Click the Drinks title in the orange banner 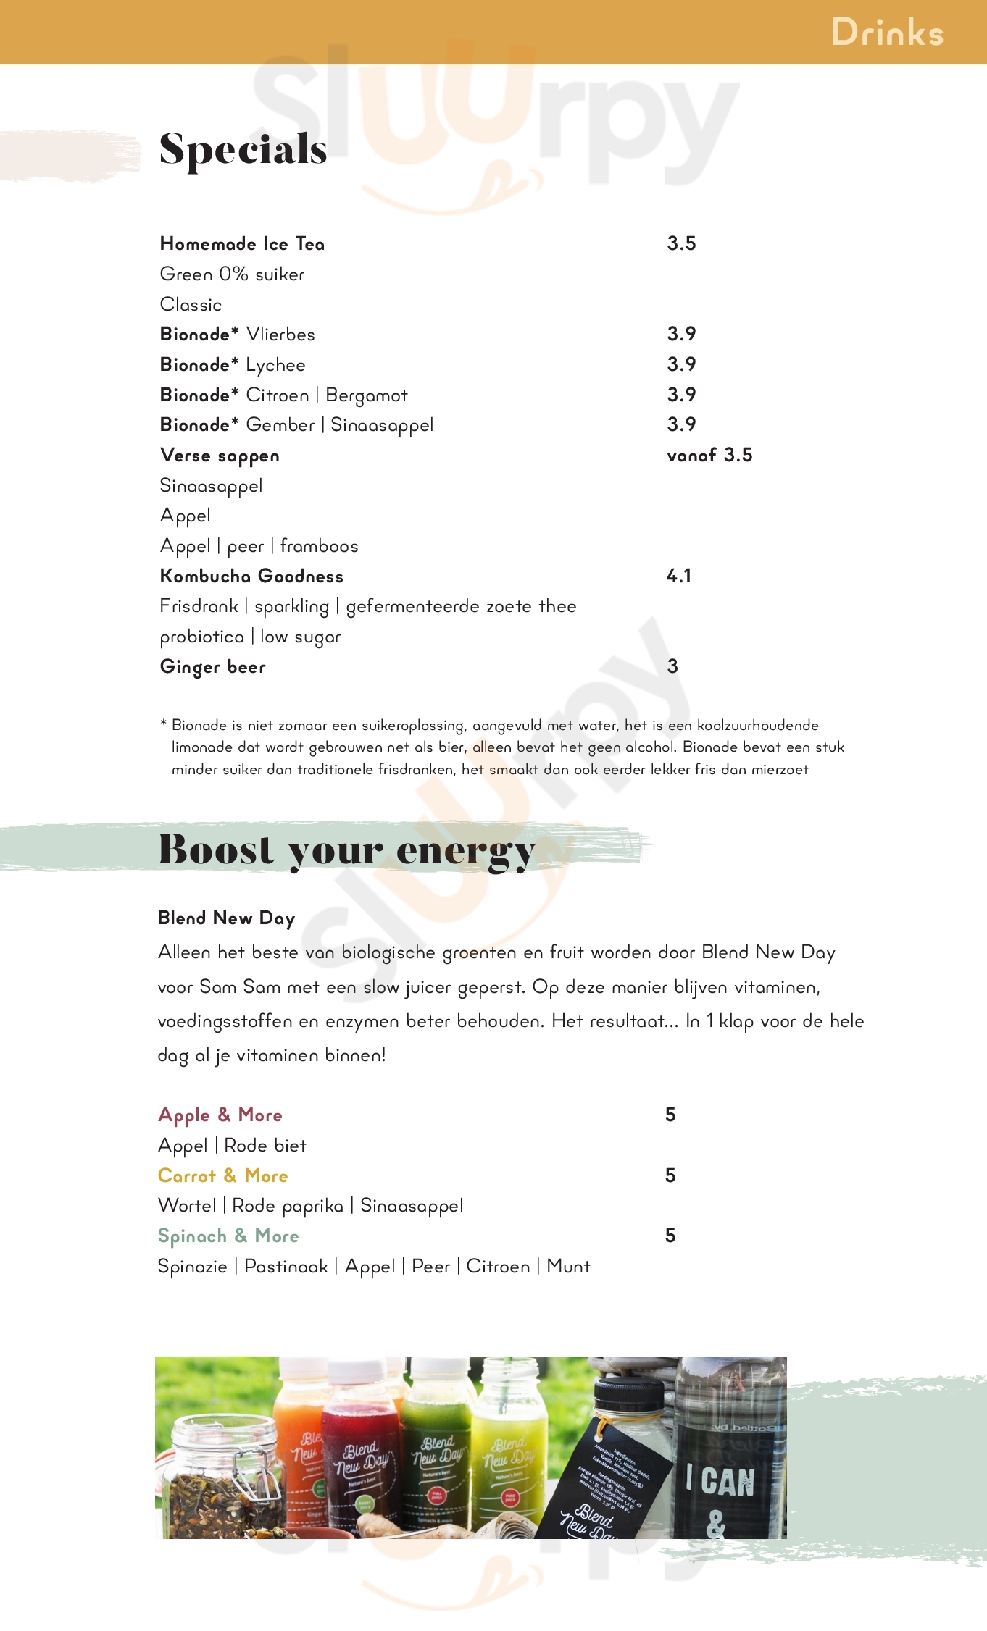887,33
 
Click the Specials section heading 243,149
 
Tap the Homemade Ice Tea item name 242,244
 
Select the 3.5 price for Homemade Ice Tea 681,243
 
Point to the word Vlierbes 280,335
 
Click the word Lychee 275,365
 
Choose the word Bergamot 367,395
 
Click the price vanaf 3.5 709,455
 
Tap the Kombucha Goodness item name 251,576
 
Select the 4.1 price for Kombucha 679,576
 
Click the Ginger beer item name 213,667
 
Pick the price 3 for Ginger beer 672,666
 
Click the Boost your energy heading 346,849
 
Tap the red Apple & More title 220,1115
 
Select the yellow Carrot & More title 223,1175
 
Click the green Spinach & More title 228,1236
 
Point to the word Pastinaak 286,1267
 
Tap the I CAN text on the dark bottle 720,1481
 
